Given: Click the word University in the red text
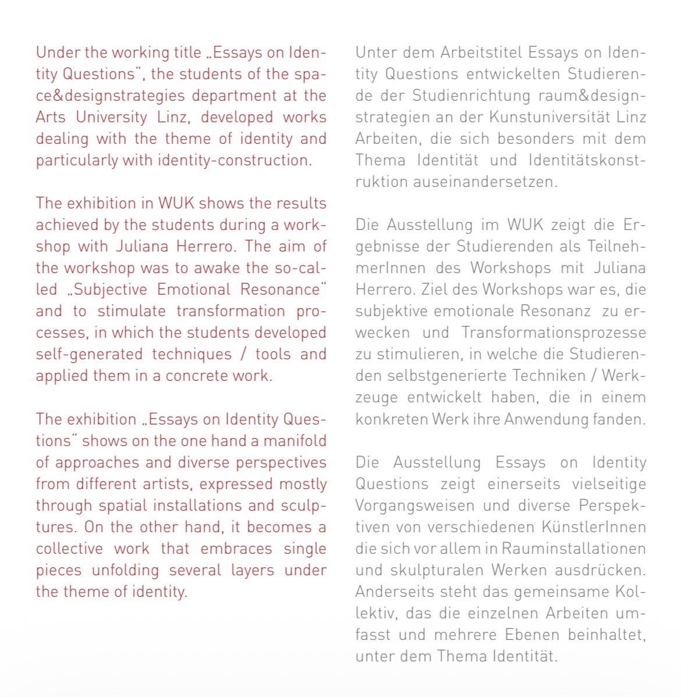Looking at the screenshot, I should (x=112, y=117).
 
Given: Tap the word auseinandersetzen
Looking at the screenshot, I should (x=485, y=182).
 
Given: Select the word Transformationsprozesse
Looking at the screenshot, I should (x=554, y=332).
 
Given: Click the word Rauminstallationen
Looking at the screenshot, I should (x=574, y=549).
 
